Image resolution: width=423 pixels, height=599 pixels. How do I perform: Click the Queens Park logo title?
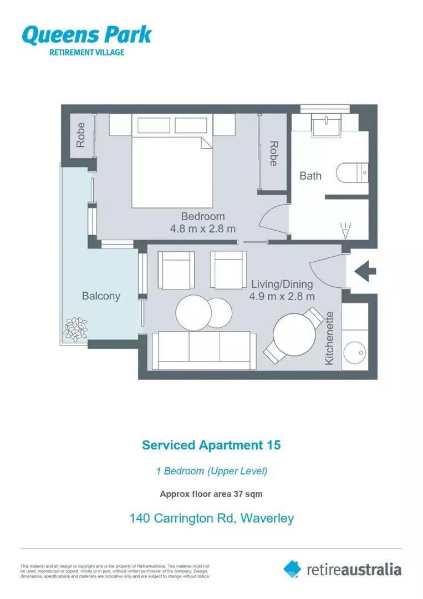tap(86, 34)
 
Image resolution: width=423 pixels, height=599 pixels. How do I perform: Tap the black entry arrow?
tap(365, 271)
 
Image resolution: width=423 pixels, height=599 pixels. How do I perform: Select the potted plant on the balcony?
tap(76, 328)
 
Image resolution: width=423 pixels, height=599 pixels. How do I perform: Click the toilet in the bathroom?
tap(352, 172)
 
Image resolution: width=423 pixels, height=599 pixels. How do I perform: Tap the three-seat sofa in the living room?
tap(205, 350)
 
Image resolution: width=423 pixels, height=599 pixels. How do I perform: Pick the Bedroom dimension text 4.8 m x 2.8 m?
tap(203, 229)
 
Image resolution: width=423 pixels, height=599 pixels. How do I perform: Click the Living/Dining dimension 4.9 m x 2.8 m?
tap(282, 296)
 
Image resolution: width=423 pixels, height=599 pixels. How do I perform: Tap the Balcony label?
tap(101, 296)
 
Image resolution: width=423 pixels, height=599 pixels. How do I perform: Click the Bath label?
tap(310, 176)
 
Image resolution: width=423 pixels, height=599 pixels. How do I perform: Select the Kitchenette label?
tap(330, 338)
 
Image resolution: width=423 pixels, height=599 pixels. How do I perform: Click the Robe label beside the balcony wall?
tap(81, 135)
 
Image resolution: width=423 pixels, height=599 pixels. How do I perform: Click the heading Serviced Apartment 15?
tap(211, 445)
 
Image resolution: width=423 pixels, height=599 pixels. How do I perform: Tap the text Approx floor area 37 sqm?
tap(211, 493)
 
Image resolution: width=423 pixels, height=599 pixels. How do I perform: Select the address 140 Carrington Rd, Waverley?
tap(211, 519)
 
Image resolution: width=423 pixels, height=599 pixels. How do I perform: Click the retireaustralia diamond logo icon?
tap(292, 568)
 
